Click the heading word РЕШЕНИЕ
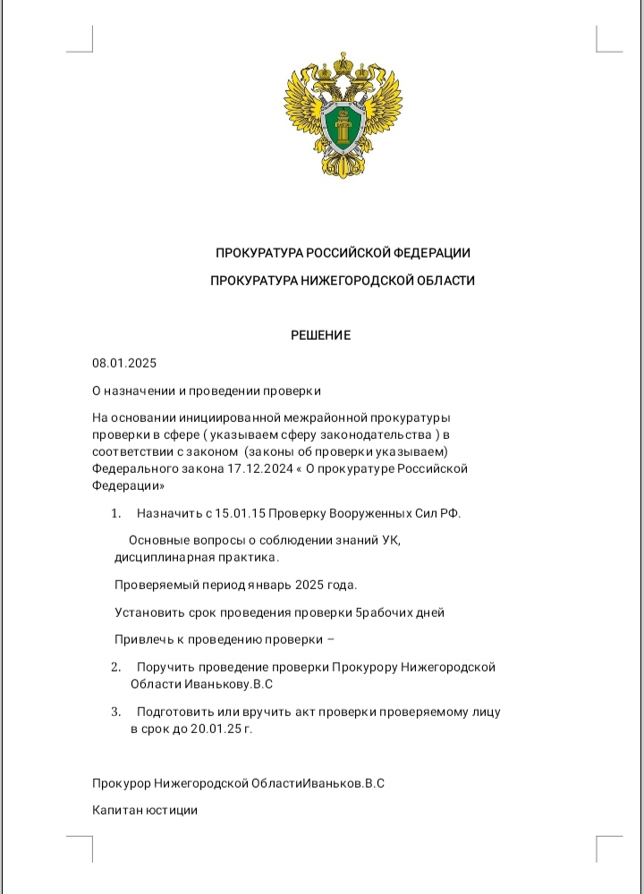click(321, 335)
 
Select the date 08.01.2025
click(124, 363)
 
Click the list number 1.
click(115, 513)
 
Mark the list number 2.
click(115, 667)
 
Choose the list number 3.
click(115, 713)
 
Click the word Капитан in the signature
click(119, 810)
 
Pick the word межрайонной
click(325, 417)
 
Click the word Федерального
click(132, 468)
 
